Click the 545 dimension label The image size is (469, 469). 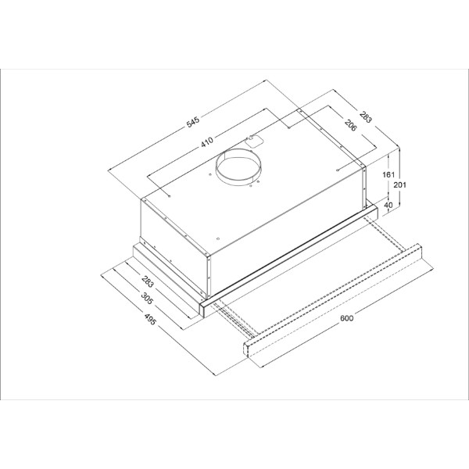pos(192,122)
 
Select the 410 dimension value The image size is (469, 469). pos(207,141)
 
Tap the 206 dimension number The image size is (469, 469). pos(350,125)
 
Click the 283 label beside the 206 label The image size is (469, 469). pos(366,117)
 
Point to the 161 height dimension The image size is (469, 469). pos(388,174)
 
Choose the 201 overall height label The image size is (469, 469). pos(400,184)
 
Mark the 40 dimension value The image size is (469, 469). pos(388,205)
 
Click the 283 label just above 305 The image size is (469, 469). pos(148,281)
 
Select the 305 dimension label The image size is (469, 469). pos(147,298)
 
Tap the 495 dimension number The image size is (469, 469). pos(150,319)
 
